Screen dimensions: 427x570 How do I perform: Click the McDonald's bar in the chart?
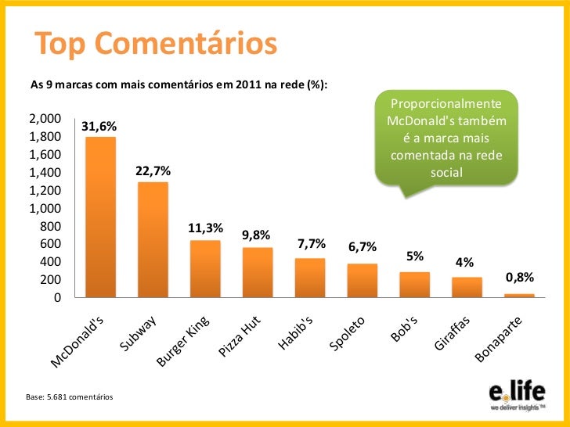click(x=100, y=217)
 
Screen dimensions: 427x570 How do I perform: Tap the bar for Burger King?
click(x=205, y=268)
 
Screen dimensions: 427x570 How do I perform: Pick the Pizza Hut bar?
click(x=258, y=272)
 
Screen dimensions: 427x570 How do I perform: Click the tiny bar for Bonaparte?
click(x=519, y=295)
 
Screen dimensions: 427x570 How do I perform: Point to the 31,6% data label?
click(x=99, y=126)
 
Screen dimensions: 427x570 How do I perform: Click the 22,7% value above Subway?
click(x=153, y=170)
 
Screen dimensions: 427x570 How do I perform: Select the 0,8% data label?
click(x=519, y=277)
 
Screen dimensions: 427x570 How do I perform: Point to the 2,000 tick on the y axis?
click(x=45, y=119)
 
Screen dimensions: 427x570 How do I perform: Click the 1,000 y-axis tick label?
click(x=45, y=208)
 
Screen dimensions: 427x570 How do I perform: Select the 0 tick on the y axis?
click(x=56, y=298)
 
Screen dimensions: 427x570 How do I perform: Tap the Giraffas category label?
click(x=453, y=332)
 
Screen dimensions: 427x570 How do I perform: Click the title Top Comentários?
click(x=154, y=45)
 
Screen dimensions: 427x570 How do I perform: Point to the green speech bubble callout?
click(x=446, y=138)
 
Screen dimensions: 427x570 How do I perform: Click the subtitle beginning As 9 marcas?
click(x=178, y=83)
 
